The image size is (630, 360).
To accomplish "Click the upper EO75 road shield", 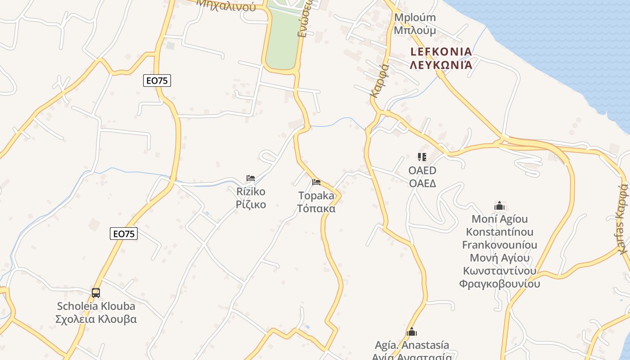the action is [x=157, y=81].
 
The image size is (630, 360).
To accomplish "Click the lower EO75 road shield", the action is [x=124, y=234].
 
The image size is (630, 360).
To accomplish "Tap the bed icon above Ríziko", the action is [x=251, y=178].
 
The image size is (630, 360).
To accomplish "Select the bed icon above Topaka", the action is [x=316, y=182].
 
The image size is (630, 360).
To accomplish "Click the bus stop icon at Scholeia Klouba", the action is [x=96, y=293].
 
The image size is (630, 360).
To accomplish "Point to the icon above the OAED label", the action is [x=422, y=157].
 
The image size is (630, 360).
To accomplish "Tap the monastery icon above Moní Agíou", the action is [x=499, y=206].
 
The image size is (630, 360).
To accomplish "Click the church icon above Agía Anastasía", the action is [x=412, y=333].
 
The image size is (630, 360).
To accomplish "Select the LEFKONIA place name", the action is [x=441, y=51].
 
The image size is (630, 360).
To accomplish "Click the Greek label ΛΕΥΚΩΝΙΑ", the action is [x=441, y=65].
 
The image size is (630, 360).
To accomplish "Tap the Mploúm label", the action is [x=415, y=18].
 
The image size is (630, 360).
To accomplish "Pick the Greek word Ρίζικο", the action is [x=251, y=205].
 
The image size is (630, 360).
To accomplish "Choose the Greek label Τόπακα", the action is [x=316, y=209].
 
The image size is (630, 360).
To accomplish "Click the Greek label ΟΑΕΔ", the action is [x=422, y=184].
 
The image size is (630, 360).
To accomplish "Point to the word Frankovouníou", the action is [x=499, y=245].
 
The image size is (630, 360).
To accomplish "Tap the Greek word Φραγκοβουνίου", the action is [x=499, y=284].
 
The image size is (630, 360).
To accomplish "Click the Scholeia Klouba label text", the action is [x=96, y=306].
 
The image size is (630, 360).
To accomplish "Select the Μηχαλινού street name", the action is [x=226, y=5].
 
